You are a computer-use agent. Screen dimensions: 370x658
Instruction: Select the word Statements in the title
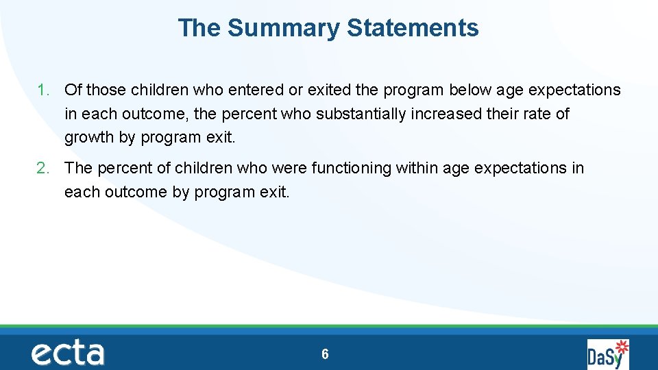[x=413, y=28]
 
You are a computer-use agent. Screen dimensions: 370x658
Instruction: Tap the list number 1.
[x=42, y=90]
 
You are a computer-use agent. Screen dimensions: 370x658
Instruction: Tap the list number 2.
[x=42, y=168]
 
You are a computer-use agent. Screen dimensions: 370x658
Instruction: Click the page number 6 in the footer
[x=325, y=354]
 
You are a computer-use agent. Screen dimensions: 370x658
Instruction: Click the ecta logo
[x=67, y=354]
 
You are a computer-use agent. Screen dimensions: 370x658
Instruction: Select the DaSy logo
[x=607, y=354]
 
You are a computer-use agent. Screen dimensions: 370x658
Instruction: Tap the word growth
[x=89, y=137]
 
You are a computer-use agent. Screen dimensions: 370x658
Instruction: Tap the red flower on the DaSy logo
[x=622, y=345]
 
